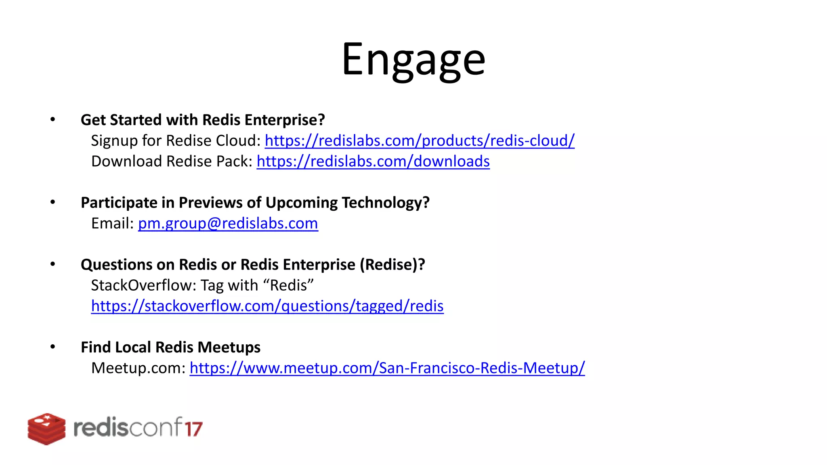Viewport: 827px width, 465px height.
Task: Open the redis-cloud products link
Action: pyautogui.click(x=419, y=140)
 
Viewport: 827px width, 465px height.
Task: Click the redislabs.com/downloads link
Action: pyautogui.click(x=373, y=161)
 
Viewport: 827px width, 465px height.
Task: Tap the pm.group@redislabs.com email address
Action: pyautogui.click(x=228, y=223)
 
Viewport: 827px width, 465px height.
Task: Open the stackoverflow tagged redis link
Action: pyautogui.click(x=267, y=306)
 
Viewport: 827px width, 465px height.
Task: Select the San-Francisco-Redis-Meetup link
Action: pyautogui.click(x=387, y=368)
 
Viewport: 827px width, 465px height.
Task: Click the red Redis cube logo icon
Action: pyautogui.click(x=46, y=429)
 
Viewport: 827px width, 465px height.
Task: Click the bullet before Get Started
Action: pyautogui.click(x=52, y=119)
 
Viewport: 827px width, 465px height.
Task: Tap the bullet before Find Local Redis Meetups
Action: pyautogui.click(x=52, y=347)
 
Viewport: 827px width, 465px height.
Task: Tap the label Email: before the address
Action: pyautogui.click(x=112, y=223)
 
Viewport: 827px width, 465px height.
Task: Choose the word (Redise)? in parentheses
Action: pyautogui.click(x=392, y=265)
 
